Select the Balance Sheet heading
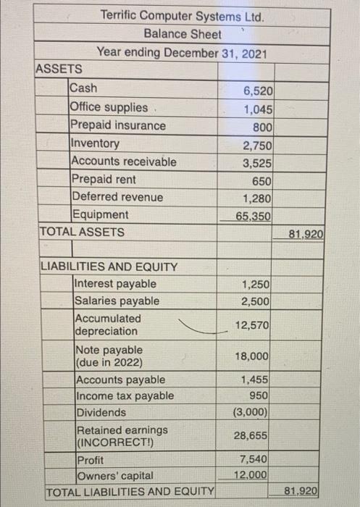[183, 33]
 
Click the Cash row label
[83, 89]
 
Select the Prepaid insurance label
[117, 125]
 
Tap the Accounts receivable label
[122, 162]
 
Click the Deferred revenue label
[117, 197]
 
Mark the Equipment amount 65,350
[253, 216]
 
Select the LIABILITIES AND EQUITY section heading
[108, 267]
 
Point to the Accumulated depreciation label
[108, 324]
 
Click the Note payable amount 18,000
[254, 357]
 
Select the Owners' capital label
[114, 476]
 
